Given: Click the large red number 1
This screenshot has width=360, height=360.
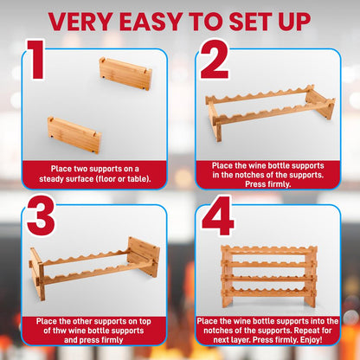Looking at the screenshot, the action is tap(37, 60).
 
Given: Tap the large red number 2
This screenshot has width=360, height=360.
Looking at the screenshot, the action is tap(215, 60).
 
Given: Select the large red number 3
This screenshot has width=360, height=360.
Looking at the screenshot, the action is tap(41, 216).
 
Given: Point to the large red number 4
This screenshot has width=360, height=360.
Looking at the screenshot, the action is tap(217, 216).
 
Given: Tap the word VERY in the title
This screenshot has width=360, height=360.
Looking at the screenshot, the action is tap(81, 22).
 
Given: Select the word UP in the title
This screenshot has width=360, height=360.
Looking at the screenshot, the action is tap(293, 22).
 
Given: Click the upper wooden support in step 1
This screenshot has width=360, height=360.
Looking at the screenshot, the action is tap(125, 74).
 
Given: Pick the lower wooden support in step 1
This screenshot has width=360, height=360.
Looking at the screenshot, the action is tap(74, 135).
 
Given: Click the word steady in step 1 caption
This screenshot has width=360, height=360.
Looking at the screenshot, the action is tap(52, 179).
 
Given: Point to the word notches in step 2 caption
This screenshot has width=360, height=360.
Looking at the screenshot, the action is tap(250, 175).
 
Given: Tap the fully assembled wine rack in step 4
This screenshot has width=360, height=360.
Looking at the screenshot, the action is tap(269, 276).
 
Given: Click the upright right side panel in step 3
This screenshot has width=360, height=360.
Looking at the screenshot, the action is tap(144, 257).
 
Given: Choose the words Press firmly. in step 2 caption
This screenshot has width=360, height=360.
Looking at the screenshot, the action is tap(268, 184).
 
